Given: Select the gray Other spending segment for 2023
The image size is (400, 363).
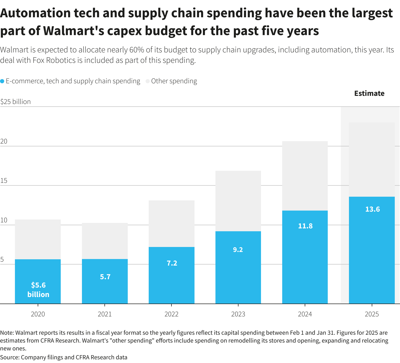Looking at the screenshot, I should pos(238,201).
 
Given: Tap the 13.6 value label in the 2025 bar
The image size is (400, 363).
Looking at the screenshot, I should pos(372,209).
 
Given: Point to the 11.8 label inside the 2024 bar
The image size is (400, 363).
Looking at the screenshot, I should pos(305,226).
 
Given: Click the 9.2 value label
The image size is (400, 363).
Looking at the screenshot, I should pos(238,250).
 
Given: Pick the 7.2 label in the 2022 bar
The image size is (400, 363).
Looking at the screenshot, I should pos(172,263).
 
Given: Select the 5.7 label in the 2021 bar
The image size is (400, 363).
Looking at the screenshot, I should pos(105,277).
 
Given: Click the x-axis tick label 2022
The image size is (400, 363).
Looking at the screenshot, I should pos(171,314).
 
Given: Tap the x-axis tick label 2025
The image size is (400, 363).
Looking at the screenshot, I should pos(372,314).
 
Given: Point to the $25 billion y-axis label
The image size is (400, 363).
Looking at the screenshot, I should pos(15,102).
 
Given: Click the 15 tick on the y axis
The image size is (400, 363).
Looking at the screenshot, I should pos(4,180).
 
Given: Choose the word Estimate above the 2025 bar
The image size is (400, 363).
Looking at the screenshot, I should pos(369,93).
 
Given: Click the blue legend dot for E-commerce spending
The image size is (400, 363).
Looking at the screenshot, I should pos(2,81).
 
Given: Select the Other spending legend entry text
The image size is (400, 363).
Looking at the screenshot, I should pos(174,81).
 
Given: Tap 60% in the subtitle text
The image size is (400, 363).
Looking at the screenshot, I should pos(136,49).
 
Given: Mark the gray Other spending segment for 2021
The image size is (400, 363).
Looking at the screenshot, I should pos(105,241).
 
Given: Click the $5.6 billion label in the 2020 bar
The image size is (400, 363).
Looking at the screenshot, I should pos(38,290).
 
